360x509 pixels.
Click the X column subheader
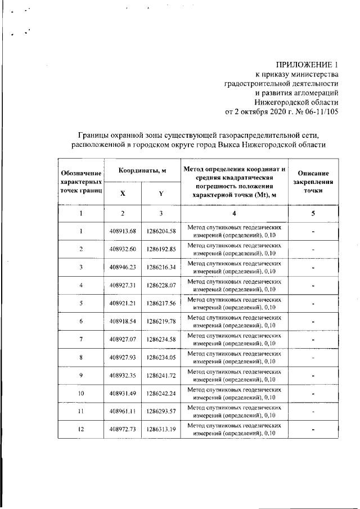click(x=123, y=193)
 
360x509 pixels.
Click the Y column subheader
click(x=161, y=193)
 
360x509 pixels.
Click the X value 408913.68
click(x=123, y=231)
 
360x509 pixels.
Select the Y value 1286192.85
click(x=161, y=249)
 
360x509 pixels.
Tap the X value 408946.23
click(x=123, y=267)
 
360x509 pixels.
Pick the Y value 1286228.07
click(x=161, y=285)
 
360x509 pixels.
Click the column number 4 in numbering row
click(x=234, y=214)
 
